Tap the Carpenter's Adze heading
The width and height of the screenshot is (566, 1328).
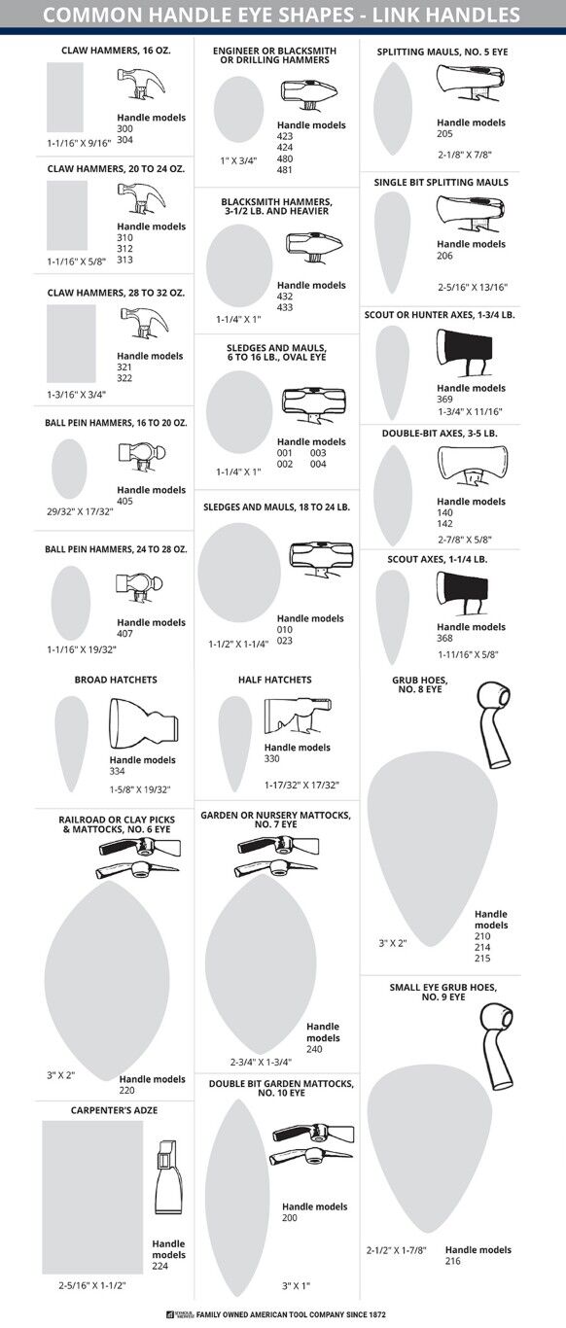(114, 1109)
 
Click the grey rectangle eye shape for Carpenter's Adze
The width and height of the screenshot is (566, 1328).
(91, 1197)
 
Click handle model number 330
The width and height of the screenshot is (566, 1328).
(273, 758)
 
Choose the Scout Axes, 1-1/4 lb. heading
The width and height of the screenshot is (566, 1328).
(440, 559)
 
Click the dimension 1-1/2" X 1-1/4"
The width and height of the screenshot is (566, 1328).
(238, 644)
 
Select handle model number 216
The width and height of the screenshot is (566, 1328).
(453, 1261)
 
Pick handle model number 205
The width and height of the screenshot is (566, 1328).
(445, 134)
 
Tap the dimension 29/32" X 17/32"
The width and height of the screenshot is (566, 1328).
(80, 511)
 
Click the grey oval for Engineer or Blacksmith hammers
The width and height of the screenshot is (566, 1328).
(238, 109)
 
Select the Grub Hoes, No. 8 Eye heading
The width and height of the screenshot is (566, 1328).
(416, 683)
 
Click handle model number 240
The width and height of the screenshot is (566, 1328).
(314, 1050)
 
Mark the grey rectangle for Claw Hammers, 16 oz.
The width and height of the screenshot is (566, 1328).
(65, 97)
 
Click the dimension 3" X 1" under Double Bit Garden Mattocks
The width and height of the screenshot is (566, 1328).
(296, 1286)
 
